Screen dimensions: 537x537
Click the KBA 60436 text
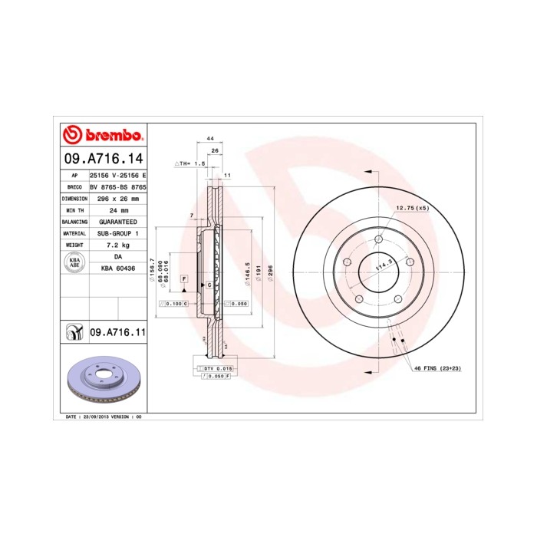point(118,268)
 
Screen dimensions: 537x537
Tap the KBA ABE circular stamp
point(75,262)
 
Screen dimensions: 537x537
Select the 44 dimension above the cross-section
point(209,138)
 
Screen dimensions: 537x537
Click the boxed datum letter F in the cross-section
point(184,278)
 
